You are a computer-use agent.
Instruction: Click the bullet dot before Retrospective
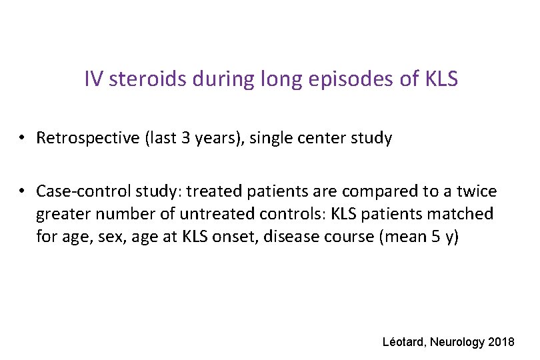(22, 139)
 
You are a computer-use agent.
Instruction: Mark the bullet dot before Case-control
(22, 192)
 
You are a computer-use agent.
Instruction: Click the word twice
(477, 192)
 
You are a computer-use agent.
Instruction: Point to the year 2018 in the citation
(501, 342)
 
